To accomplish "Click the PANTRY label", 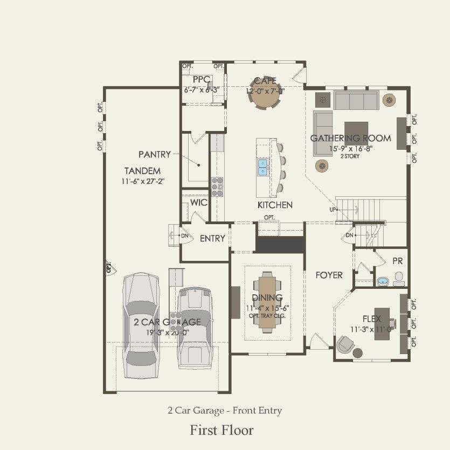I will (x=155, y=154).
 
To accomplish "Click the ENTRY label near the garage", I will (x=212, y=238).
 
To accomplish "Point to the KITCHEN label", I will (x=275, y=205).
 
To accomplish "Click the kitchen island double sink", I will (x=264, y=167).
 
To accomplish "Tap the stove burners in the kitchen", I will (x=218, y=185).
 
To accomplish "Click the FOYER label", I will (x=329, y=275).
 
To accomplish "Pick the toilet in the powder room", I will (x=399, y=278).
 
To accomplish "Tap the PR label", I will (x=398, y=260).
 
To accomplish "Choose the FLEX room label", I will (x=372, y=319).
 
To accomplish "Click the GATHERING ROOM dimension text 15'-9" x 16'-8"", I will (x=350, y=148).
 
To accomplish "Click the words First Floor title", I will (x=221, y=430).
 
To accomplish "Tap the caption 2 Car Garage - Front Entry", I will (x=224, y=411).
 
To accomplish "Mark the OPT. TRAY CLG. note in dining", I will (x=267, y=316).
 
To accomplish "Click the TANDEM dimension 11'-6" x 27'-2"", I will (x=142, y=181).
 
